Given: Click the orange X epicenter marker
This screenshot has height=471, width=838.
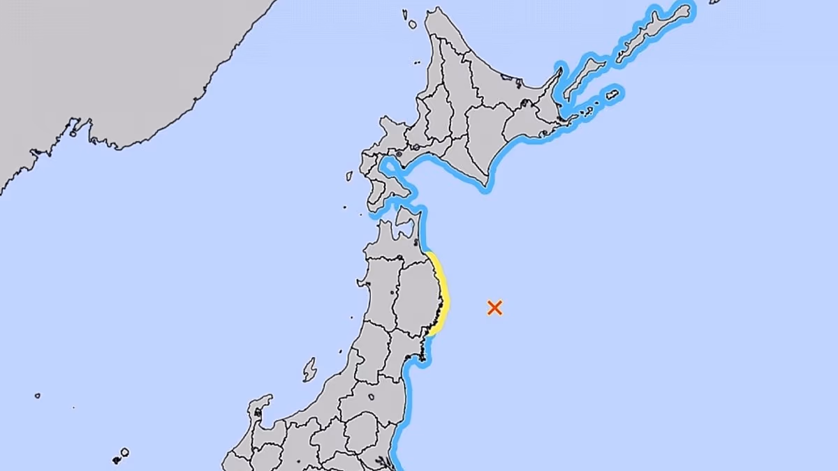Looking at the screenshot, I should [494, 308].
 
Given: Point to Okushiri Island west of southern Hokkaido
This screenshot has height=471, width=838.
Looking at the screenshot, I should [349, 176].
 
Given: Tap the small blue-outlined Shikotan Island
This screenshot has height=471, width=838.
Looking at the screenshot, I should [612, 94].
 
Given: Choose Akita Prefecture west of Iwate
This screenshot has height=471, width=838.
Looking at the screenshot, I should [381, 293].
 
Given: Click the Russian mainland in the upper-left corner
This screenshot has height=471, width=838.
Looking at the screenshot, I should [105, 63].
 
